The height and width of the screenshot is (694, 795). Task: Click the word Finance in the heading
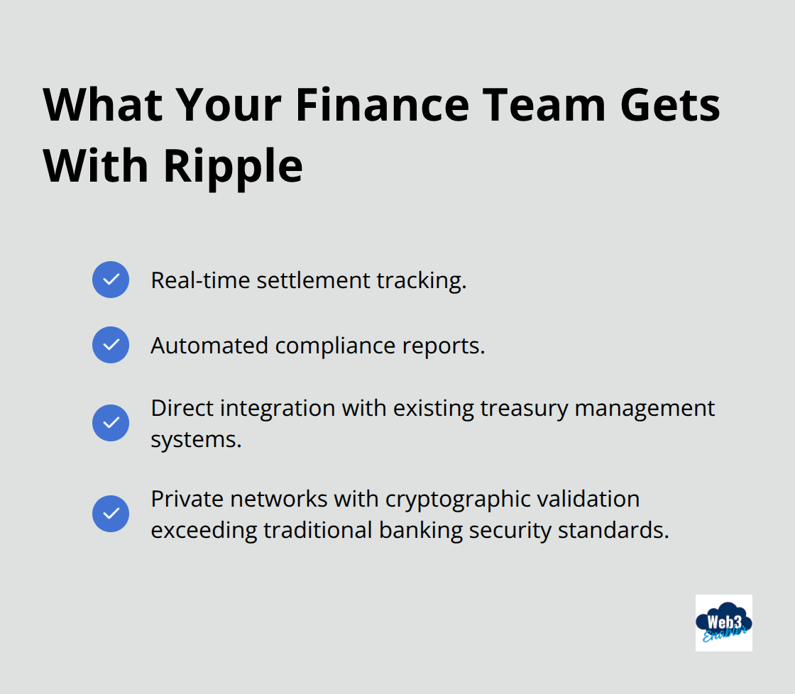382,105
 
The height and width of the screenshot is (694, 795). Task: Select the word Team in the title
543,105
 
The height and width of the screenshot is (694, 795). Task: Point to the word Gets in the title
671,105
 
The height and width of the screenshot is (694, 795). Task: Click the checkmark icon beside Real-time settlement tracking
111,280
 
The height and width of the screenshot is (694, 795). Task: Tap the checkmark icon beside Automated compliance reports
111,345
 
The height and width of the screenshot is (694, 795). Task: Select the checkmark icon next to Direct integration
111,423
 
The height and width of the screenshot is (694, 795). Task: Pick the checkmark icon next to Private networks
111,514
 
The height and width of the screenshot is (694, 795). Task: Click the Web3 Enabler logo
723,622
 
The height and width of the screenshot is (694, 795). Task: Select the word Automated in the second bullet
209,346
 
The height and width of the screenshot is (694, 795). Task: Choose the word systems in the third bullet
196,439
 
